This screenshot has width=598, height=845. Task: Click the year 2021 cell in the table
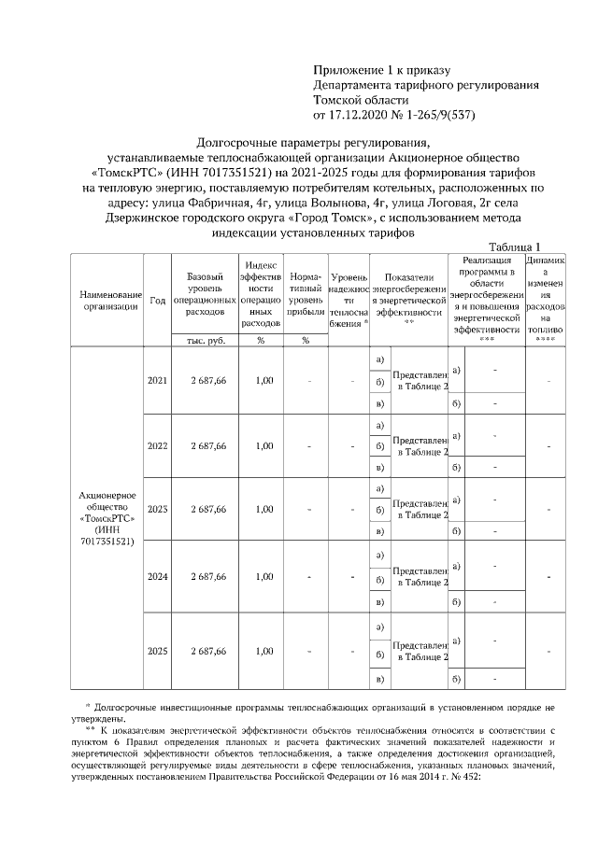pyautogui.click(x=157, y=381)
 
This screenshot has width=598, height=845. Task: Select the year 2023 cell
pyautogui.click(x=157, y=510)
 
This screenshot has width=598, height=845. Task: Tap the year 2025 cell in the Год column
pyautogui.click(x=157, y=651)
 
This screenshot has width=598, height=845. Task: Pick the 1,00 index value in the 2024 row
pyautogui.click(x=264, y=576)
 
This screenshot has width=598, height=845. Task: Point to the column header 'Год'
pyautogui.click(x=157, y=301)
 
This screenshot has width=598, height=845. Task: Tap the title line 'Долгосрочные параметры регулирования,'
pyautogui.click(x=313, y=144)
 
